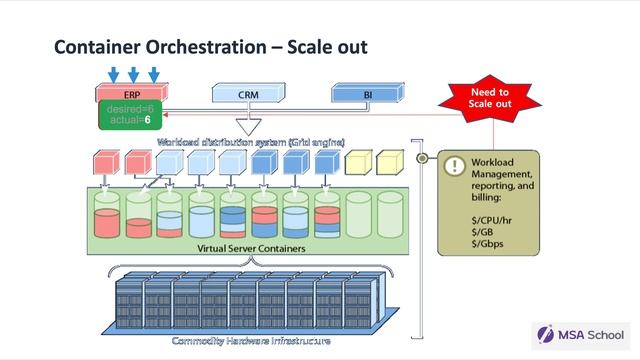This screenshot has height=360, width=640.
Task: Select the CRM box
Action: pyautogui.click(x=248, y=95)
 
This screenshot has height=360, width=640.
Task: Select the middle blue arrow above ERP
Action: pyautogui.click(x=133, y=74)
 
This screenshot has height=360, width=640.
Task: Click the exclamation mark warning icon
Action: pyautogui.click(x=455, y=166)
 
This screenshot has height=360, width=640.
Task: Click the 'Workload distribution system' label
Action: pyautogui.click(x=250, y=142)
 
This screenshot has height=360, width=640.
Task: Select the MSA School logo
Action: pyautogui.click(x=580, y=335)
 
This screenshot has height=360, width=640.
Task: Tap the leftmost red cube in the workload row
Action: pyautogui.click(x=105, y=162)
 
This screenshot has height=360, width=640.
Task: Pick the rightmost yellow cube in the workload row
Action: pyautogui.click(x=389, y=162)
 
